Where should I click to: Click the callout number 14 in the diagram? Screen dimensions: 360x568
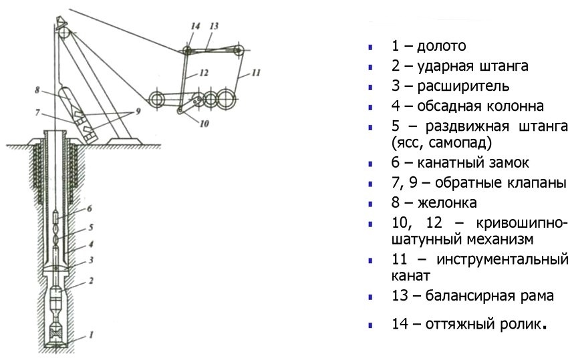tap(194, 27)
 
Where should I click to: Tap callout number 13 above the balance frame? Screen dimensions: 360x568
tap(214, 27)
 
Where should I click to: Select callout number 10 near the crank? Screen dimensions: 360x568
tap(204, 123)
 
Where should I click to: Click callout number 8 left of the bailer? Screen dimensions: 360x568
tap(39, 88)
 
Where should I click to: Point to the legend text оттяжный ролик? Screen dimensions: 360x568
tap(476, 325)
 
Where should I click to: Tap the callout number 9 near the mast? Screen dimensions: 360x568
tap(138, 112)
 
